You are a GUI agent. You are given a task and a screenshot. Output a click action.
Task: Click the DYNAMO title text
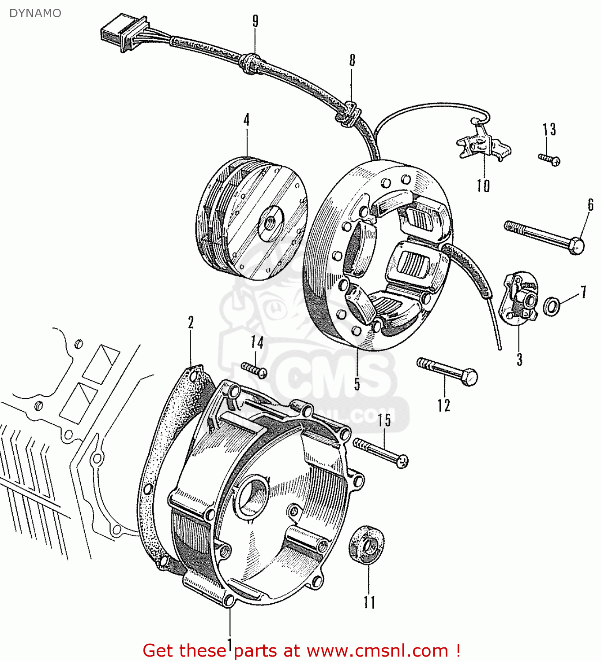click(x=35, y=13)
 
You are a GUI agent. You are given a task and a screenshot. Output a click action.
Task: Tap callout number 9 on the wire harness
click(x=255, y=22)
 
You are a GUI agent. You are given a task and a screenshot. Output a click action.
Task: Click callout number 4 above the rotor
click(x=247, y=120)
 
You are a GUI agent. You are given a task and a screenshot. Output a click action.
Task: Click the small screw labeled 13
click(x=550, y=159)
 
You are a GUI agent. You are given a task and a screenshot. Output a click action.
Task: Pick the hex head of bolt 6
click(x=576, y=245)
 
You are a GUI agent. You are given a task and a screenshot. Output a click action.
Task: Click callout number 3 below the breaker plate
click(x=520, y=360)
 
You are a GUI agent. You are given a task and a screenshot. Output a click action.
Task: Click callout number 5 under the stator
click(x=357, y=383)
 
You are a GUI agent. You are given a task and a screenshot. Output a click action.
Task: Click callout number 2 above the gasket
click(x=191, y=323)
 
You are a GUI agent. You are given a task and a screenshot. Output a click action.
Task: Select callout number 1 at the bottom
click(x=229, y=643)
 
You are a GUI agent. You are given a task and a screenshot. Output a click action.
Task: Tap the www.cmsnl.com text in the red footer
click(x=377, y=650)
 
